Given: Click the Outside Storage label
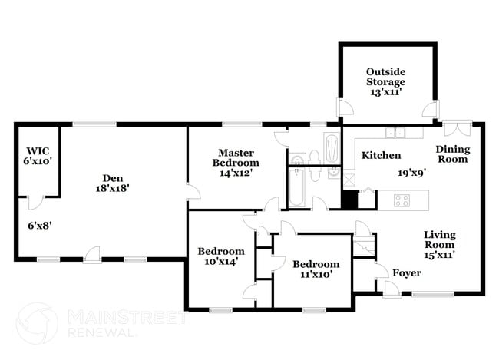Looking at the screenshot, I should [385, 76].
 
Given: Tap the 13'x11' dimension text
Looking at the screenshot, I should [385, 92].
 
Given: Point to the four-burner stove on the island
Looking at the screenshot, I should [402, 200].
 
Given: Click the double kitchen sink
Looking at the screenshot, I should [395, 133].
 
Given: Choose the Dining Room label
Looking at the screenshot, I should [452, 154].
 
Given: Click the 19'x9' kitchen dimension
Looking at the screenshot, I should [411, 173].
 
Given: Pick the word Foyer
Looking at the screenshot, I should [406, 273].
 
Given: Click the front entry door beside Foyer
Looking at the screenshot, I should [392, 288].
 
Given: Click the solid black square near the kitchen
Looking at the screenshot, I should [349, 200].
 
